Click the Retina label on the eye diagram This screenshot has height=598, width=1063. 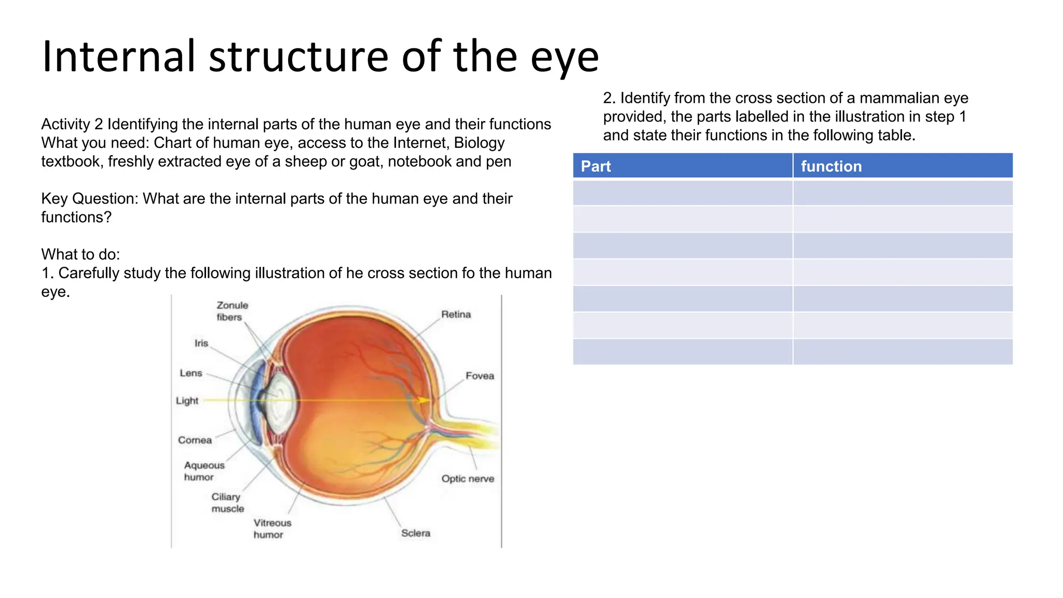point(456,315)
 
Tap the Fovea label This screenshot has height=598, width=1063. point(479,376)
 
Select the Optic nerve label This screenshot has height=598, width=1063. point(467,479)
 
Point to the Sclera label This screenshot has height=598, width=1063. point(415,533)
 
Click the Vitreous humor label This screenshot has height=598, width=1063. point(272,528)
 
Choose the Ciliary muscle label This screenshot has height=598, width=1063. point(227,502)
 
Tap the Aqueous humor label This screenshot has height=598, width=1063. point(203,471)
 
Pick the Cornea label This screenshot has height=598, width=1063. point(195,440)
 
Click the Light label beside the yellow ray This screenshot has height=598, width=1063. point(187,401)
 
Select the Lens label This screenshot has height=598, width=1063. point(190,373)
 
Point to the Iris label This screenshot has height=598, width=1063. point(201,343)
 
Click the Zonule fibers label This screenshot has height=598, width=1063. point(231,311)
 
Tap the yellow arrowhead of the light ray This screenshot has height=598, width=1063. point(425,400)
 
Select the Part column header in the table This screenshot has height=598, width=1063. point(595,166)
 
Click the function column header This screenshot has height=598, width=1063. point(830,166)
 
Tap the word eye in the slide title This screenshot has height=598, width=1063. point(564,57)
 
